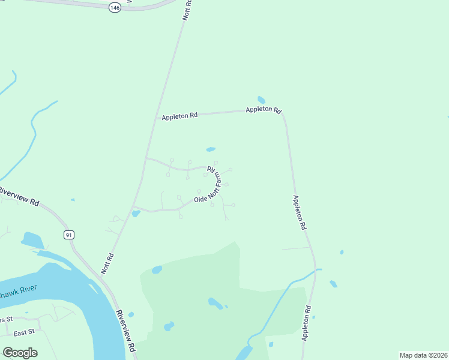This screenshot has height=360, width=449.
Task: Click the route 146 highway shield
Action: click(x=115, y=7)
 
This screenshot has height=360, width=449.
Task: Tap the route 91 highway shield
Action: click(x=70, y=235)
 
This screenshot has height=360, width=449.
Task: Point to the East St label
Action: click(x=24, y=331)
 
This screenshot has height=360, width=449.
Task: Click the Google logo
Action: click(x=20, y=353)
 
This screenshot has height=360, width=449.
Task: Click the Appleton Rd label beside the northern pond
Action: click(x=264, y=110)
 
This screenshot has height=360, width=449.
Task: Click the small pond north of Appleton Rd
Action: click(x=261, y=100)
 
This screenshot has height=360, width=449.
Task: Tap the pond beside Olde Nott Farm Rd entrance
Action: click(x=136, y=213)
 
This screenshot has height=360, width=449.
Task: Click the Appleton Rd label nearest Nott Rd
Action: click(x=179, y=115)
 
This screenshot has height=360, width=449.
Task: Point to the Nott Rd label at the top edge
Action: click(x=187, y=11)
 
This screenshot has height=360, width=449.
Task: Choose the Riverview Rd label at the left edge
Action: click(x=20, y=196)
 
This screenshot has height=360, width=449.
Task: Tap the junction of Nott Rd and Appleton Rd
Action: click(x=157, y=118)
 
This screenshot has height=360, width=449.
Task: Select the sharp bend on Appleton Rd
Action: click(x=283, y=114)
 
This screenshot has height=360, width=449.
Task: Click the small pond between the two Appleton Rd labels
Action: click(x=211, y=149)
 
